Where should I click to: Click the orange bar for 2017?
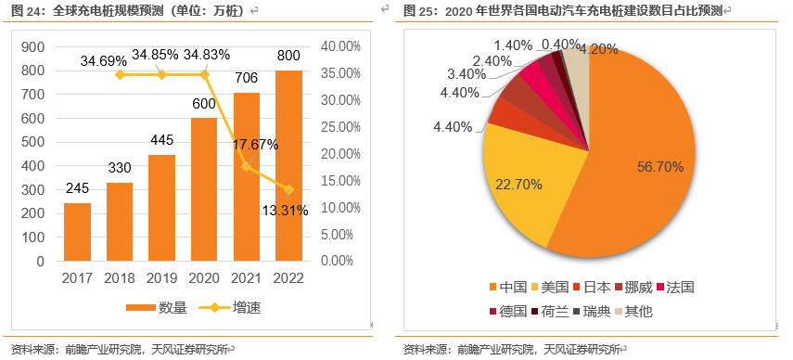77,231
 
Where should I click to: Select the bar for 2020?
205,189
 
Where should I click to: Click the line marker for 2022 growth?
288,189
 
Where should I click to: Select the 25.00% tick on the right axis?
339,127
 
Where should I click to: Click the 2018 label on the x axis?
119,277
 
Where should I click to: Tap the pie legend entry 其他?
638,311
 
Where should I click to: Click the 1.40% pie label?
512,45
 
